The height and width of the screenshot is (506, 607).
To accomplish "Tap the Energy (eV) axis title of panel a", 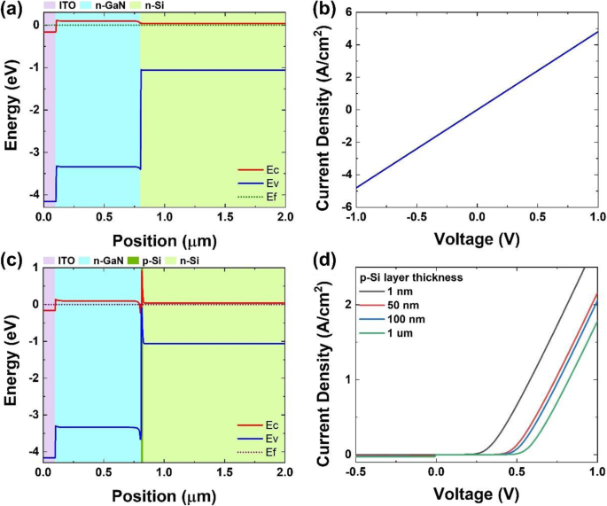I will point(12,108).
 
